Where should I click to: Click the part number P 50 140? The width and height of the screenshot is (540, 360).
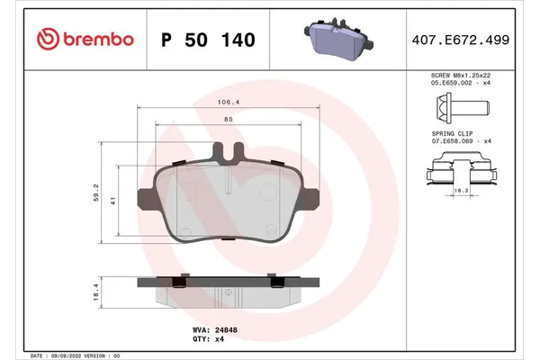207,40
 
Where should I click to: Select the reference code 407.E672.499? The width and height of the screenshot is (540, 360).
462,40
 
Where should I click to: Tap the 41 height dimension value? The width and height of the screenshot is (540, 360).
114,203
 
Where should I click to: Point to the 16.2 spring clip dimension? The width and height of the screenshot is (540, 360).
459,191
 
